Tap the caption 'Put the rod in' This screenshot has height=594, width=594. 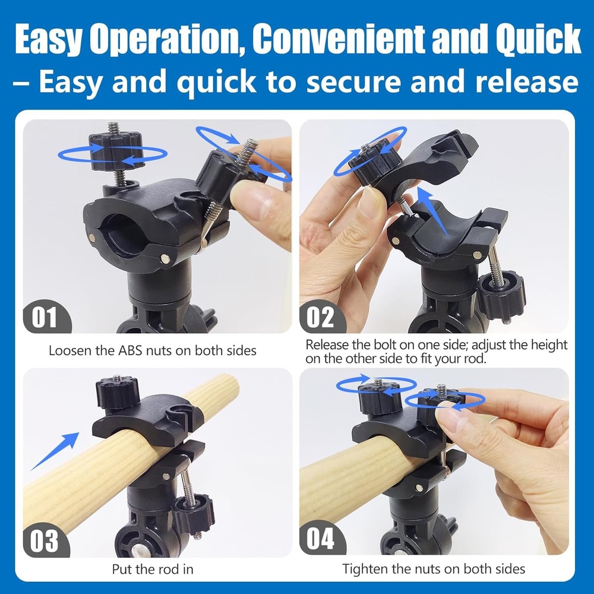153,569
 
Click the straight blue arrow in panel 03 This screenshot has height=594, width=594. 55,450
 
